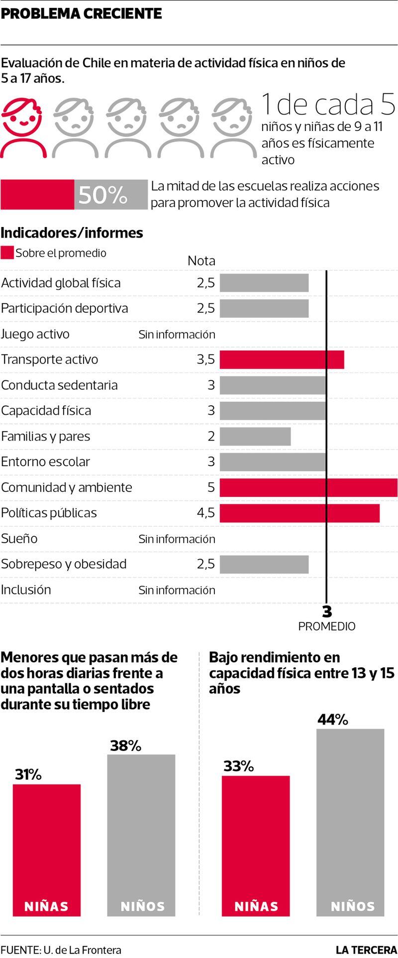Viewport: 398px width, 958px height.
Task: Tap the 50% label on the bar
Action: [x=103, y=195]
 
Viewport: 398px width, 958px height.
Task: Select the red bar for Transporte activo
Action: [x=282, y=359]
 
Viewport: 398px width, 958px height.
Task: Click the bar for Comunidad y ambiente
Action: [x=308, y=487]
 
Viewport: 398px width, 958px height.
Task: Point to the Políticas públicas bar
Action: [x=299, y=513]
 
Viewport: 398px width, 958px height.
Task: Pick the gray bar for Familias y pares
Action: [x=255, y=437]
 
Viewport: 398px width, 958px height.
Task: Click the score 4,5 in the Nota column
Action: [x=205, y=513]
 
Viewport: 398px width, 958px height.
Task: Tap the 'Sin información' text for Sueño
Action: [x=177, y=539]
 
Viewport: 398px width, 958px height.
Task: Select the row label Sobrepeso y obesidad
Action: [x=64, y=564]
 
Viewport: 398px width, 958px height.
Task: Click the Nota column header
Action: [x=201, y=261]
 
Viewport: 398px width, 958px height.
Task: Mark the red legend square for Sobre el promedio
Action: [x=7, y=253]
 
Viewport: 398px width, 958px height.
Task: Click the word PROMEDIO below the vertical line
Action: [x=326, y=626]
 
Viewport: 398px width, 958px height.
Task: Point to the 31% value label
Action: [x=28, y=774]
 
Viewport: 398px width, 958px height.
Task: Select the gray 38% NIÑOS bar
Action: [x=142, y=837]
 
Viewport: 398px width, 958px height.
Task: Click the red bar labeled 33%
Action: [x=256, y=846]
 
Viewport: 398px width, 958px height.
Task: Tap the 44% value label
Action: [x=333, y=719]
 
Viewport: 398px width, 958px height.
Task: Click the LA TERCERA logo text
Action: [x=366, y=950]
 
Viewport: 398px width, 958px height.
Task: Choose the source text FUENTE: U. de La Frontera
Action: [x=61, y=950]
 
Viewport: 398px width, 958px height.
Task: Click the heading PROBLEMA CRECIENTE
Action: [x=82, y=13]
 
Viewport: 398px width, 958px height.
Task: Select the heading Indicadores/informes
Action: [x=72, y=233]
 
